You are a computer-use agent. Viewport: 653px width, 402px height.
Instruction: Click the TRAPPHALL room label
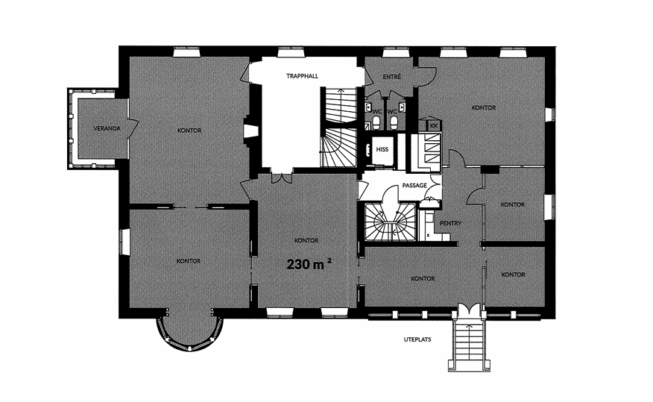303,76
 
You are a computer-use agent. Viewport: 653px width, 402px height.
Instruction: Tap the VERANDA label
107,128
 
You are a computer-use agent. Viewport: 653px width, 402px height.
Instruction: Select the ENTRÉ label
392,77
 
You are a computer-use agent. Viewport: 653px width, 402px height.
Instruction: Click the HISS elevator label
382,150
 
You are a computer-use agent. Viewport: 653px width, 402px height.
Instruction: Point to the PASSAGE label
414,186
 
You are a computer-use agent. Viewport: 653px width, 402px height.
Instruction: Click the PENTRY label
450,223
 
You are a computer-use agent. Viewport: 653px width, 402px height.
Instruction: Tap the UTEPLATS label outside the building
417,339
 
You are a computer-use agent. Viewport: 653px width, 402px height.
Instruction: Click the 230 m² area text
309,264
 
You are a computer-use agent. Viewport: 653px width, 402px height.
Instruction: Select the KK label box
434,125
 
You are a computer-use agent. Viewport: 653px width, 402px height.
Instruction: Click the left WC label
377,112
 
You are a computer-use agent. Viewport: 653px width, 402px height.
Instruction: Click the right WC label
392,112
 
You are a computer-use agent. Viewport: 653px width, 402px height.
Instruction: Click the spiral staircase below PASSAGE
390,222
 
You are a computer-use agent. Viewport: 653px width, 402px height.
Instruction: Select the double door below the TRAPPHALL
281,178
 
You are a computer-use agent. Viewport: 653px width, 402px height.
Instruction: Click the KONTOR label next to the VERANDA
189,131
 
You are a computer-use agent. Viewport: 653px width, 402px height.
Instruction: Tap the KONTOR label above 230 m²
306,240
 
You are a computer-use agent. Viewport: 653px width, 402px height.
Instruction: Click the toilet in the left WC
376,122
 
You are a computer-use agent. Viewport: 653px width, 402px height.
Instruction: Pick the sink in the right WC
402,107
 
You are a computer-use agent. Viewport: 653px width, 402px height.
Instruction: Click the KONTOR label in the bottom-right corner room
513,274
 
